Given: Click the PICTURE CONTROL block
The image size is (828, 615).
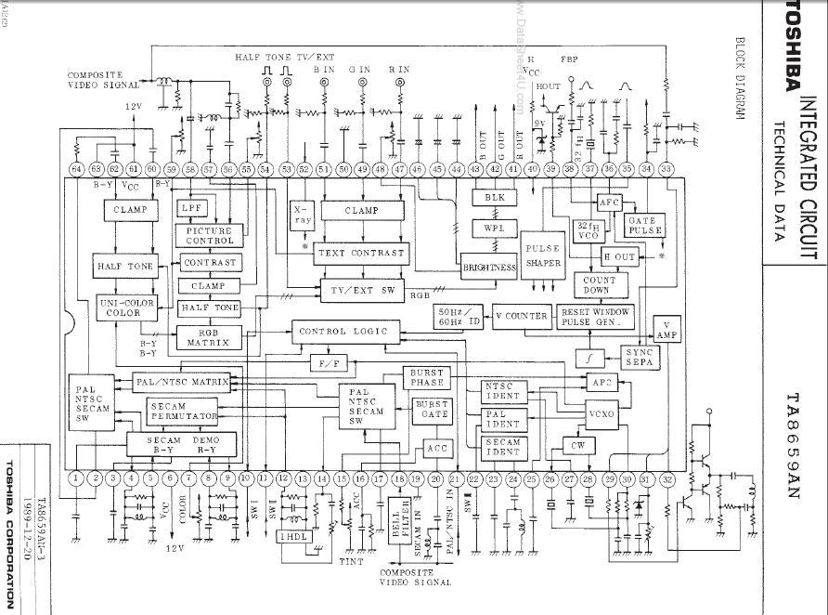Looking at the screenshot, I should click(x=210, y=236).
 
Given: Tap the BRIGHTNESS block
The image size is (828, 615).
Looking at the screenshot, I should click(x=489, y=268).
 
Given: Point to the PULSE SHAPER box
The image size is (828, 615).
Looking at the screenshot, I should click(x=543, y=256).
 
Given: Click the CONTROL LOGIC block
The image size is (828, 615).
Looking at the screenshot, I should click(x=345, y=331).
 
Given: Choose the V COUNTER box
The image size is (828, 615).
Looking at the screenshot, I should click(x=521, y=316).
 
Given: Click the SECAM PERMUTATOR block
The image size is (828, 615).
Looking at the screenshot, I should click(x=183, y=410).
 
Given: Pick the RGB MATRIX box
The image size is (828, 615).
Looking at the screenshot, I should click(x=208, y=336).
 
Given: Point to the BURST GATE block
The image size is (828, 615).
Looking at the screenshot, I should click(x=431, y=411).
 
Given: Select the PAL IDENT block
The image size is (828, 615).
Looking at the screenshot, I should click(x=503, y=418).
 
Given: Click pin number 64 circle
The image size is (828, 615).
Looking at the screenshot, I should click(x=76, y=169).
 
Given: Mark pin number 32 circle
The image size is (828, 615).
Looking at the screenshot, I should click(x=667, y=478).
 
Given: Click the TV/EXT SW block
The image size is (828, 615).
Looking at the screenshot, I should click(x=362, y=291).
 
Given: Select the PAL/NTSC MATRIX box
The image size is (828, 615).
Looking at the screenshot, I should click(x=182, y=382).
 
